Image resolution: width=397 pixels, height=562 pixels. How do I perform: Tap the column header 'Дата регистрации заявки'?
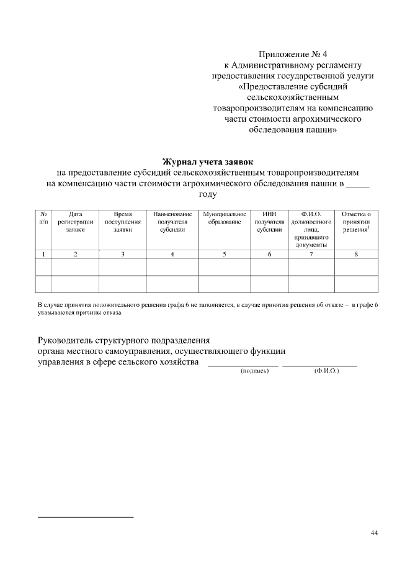coord(75,222)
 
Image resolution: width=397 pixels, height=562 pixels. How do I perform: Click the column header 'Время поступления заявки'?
coord(123,222)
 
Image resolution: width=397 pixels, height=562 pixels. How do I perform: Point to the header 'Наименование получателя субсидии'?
coord(172,222)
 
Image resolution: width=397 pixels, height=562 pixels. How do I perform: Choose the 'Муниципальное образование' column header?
coord(224,218)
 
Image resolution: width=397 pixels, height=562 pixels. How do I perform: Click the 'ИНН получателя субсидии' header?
coord(269,222)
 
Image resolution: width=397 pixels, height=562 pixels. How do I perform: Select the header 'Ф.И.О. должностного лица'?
coord(311,229)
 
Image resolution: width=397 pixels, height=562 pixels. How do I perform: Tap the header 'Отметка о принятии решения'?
coord(356,222)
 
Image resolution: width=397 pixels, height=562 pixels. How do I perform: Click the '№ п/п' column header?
coord(43,218)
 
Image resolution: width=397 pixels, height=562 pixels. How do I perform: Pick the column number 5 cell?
coord(224,254)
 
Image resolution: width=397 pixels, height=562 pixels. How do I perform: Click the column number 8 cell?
coord(356,254)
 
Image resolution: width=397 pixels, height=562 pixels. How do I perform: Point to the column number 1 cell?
coord(43,254)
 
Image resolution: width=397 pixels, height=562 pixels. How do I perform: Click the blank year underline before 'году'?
coord(357,184)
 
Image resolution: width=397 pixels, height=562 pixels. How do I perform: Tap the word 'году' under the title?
coord(207,194)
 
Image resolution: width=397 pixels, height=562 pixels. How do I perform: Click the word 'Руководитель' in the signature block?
coord(65,340)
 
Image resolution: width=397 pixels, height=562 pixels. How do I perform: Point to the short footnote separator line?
coord(86,517)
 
